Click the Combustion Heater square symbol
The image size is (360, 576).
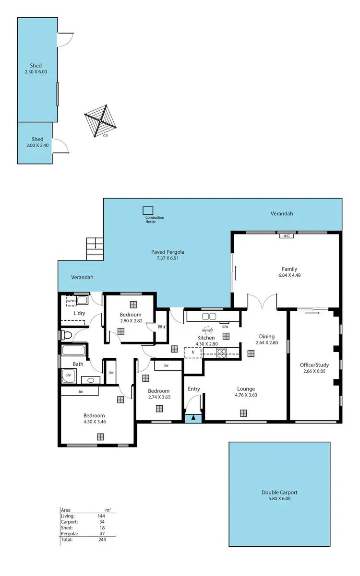click(148, 211)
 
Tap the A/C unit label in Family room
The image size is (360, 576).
click(287, 235)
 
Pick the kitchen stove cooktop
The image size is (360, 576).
click(222, 353)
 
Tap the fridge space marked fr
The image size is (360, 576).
click(193, 353)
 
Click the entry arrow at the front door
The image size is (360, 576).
click(193, 418)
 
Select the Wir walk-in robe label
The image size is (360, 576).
click(162, 327)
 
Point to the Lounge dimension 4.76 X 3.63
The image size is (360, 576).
click(245, 395)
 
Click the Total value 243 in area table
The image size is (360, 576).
click(101, 539)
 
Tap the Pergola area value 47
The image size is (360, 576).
click(101, 533)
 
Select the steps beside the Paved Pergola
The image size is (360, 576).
click(95, 249)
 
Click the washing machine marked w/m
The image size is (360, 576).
click(72, 301)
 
